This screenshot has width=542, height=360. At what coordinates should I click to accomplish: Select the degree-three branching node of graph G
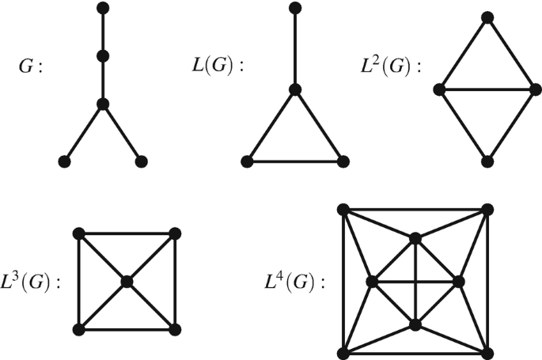(102, 104)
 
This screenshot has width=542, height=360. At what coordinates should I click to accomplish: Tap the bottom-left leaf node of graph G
(64, 161)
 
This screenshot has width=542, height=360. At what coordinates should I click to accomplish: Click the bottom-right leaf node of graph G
(141, 161)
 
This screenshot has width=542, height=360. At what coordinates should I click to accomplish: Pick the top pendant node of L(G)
(295, 9)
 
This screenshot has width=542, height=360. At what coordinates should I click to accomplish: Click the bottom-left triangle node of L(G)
(248, 161)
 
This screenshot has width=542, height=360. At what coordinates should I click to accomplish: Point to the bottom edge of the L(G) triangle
(295, 161)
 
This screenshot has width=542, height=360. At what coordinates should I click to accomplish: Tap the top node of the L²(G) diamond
(487, 17)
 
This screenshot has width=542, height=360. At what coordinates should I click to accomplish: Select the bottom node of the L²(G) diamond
(487, 161)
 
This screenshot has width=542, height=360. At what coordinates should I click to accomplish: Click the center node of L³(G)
(127, 281)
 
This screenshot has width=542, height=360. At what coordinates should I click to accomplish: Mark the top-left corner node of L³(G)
(78, 233)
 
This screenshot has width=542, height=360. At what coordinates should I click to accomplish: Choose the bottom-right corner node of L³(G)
(175, 329)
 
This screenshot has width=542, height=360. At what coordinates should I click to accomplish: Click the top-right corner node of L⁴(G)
(487, 209)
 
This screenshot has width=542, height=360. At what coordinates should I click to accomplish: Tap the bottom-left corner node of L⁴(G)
(343, 353)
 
